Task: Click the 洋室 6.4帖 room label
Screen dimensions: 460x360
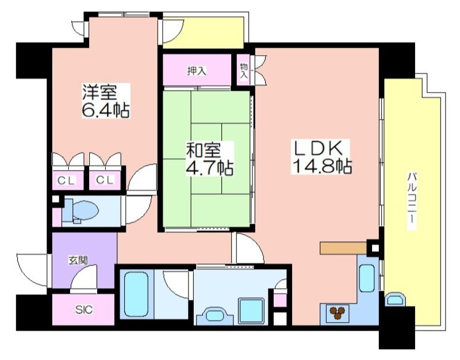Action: click(106, 101)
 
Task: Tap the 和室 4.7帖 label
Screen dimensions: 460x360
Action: click(210, 159)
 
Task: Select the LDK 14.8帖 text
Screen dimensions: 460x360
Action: click(322, 156)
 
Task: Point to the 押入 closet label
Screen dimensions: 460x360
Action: click(197, 71)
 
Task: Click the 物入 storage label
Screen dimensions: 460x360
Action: click(244, 71)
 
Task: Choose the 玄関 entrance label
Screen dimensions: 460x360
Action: click(78, 260)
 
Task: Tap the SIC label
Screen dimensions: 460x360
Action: click(84, 309)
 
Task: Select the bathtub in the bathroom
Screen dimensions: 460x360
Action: click(136, 294)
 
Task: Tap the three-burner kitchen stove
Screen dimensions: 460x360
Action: click(337, 312)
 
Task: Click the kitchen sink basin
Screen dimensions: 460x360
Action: click(367, 278)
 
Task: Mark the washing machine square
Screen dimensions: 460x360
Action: click(252, 311)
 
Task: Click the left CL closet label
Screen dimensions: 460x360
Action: click(66, 181)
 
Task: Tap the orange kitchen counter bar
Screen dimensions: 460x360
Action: click(343, 248)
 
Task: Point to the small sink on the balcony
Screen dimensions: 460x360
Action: click(395, 299)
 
